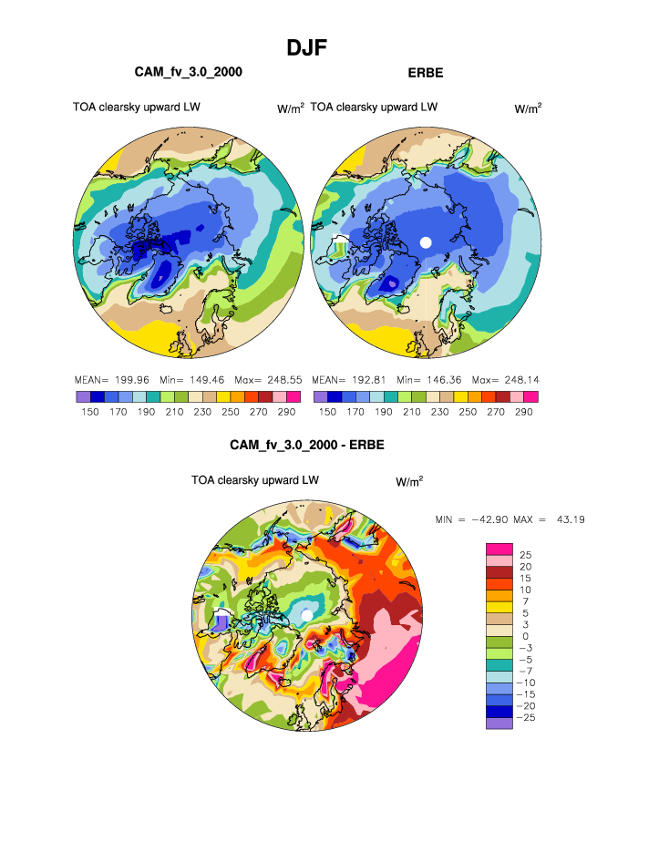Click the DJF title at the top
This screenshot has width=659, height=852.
[306, 47]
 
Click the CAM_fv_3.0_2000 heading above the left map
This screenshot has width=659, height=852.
[188, 71]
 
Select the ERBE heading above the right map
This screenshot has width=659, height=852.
[425, 71]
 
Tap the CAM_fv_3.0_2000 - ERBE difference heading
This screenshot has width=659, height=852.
[307, 446]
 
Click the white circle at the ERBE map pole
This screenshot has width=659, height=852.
[425, 241]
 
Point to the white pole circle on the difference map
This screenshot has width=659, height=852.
[307, 616]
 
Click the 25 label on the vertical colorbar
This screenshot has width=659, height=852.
[525, 555]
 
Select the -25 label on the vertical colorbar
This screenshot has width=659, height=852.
[528, 718]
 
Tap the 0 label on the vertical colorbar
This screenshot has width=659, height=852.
[523, 636]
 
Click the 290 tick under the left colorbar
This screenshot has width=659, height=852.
[293, 412]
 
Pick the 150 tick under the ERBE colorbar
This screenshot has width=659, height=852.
[327, 412]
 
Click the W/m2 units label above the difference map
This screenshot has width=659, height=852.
[409, 480]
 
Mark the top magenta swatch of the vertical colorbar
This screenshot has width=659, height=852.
[499, 548]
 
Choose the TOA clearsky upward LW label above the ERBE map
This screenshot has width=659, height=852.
[374, 107]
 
